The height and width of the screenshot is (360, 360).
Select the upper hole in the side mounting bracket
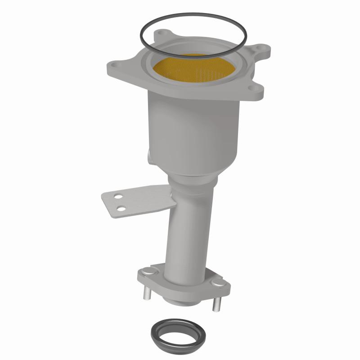117,197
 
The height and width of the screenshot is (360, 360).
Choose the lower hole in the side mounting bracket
121,207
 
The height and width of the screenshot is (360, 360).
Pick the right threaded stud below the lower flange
215,304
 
